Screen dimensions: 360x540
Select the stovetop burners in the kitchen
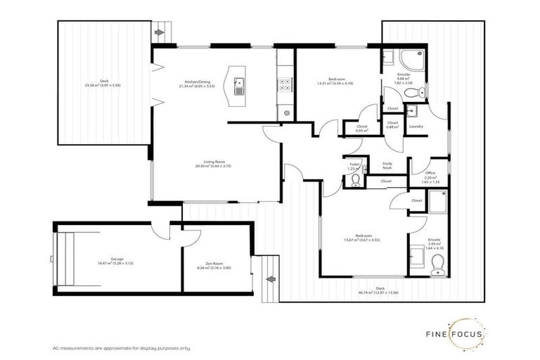point(285,86)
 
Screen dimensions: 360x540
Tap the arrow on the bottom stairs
point(269,280)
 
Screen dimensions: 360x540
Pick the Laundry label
point(416,127)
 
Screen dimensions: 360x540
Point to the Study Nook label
point(387,166)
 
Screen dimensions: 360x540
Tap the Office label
point(430,176)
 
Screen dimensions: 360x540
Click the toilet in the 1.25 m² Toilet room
point(355,181)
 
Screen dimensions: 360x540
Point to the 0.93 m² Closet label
point(362,128)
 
